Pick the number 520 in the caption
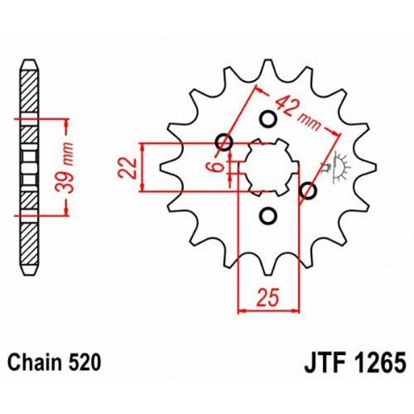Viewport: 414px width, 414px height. coord(86,361)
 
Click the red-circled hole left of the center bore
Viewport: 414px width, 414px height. coord(224,142)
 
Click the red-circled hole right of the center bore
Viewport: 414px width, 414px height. coord(310,192)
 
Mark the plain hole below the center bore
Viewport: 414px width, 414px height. coord(267,217)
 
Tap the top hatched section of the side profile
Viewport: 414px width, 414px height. coord(28,91)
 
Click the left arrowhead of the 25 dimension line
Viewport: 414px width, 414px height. coord(243,311)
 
